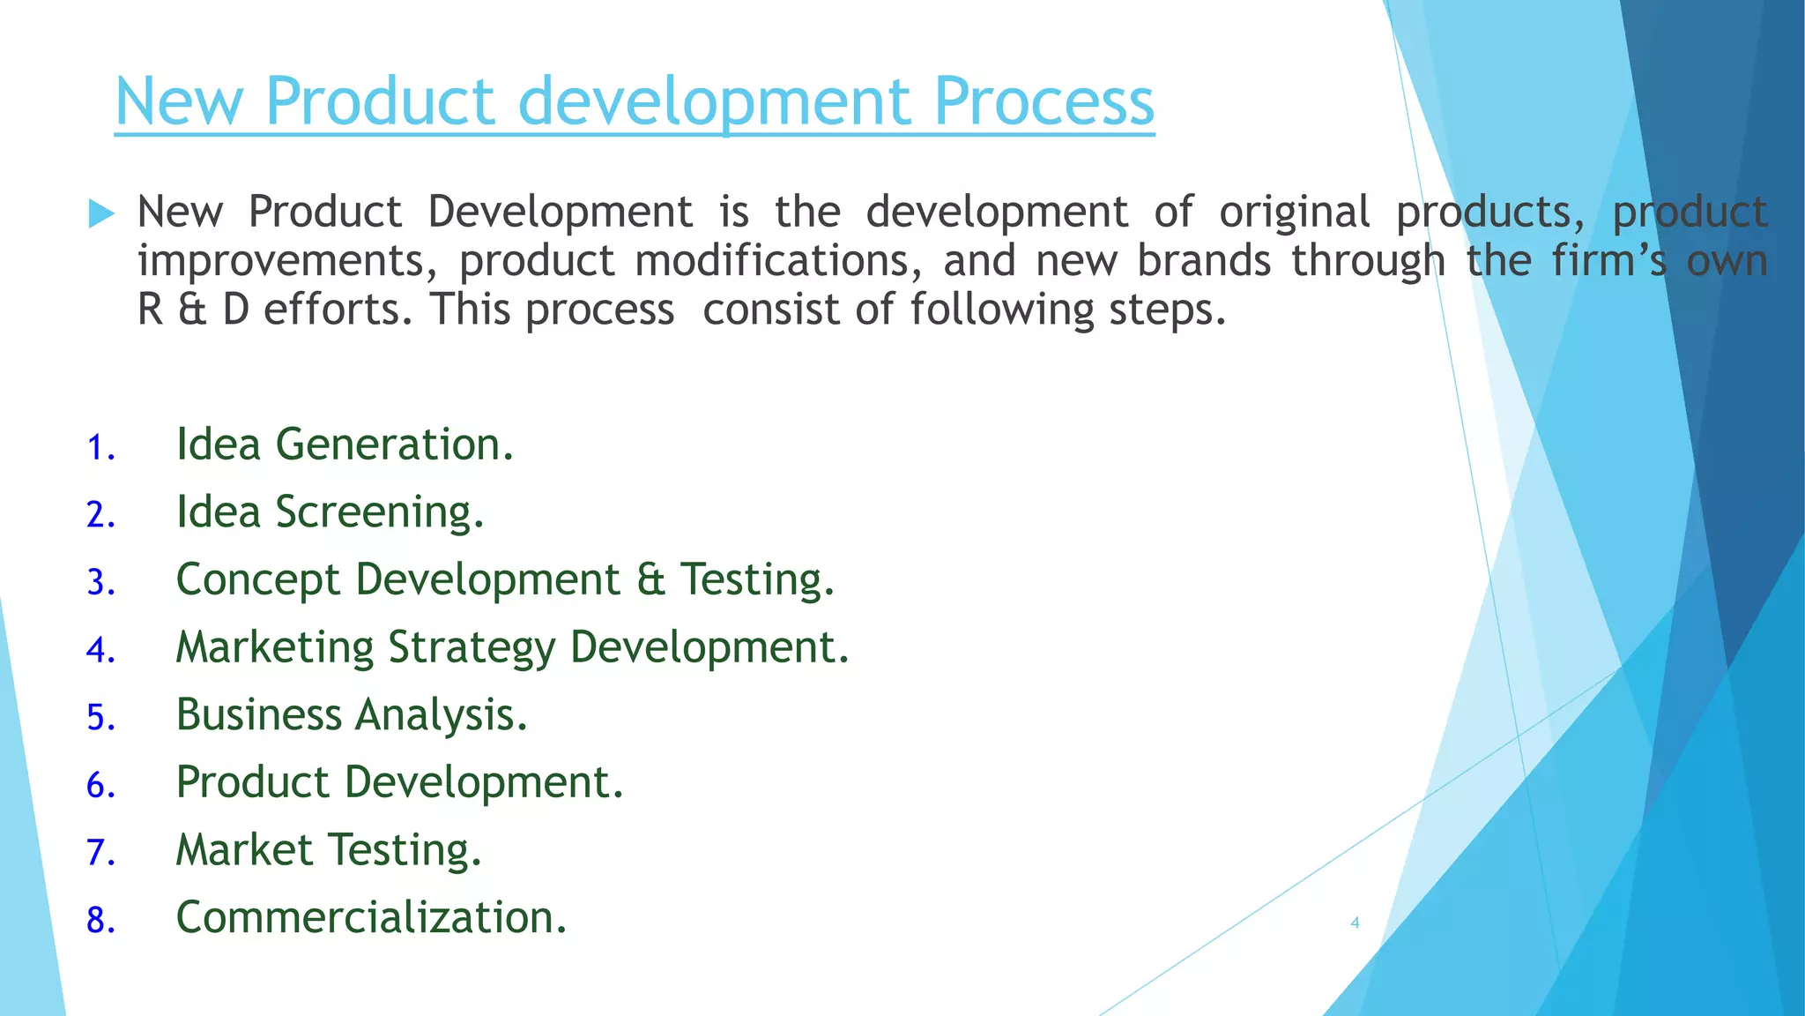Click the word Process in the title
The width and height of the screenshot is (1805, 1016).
coord(1044,101)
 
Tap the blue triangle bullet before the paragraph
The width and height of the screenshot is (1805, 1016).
coord(102,213)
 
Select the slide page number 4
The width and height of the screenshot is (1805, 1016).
coord(1355,923)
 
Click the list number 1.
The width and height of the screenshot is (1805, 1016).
coord(100,448)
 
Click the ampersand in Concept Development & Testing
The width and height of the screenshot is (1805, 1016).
coord(650,579)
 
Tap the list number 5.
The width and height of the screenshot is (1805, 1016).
coord(100,718)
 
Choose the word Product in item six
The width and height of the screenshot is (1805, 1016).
coord(253,782)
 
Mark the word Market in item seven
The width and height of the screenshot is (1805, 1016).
coord(244,850)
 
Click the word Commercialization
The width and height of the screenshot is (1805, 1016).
coord(370,918)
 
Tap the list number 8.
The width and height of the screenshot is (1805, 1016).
coord(100,921)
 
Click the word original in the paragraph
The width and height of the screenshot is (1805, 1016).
coord(1294,213)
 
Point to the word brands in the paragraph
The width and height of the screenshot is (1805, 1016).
coord(1204,261)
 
